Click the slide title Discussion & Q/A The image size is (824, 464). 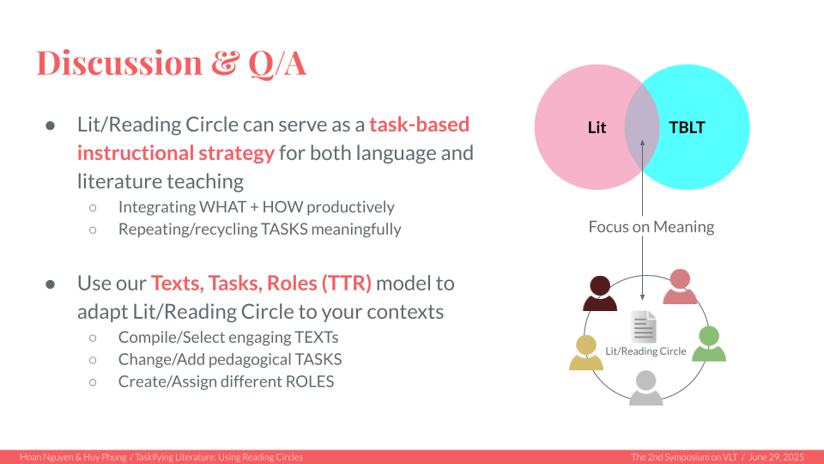pyautogui.click(x=172, y=63)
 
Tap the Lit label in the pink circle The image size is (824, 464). pyautogui.click(x=597, y=127)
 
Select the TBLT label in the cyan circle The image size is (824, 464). pyautogui.click(x=687, y=127)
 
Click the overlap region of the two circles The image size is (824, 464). pyautogui.click(x=642, y=127)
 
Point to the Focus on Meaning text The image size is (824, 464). pyautogui.click(x=651, y=227)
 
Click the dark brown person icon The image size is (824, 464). pyautogui.click(x=600, y=293)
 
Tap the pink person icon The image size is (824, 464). pyautogui.click(x=680, y=286)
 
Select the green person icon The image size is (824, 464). pyautogui.click(x=709, y=344)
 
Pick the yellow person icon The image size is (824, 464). pyautogui.click(x=586, y=352)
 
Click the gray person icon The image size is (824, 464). pyautogui.click(x=645, y=388)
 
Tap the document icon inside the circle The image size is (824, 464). pyautogui.click(x=644, y=327)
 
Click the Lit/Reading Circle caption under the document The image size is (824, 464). pyautogui.click(x=645, y=351)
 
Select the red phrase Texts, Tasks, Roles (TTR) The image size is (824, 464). pyautogui.click(x=261, y=283)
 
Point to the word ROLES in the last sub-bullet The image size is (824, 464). pyautogui.click(x=310, y=382)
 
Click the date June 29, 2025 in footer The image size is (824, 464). pyautogui.click(x=776, y=457)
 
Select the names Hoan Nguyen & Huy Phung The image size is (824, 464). pyautogui.click(x=73, y=457)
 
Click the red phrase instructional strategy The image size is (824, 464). pyautogui.click(x=175, y=153)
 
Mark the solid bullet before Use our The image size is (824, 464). pyautogui.click(x=51, y=284)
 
